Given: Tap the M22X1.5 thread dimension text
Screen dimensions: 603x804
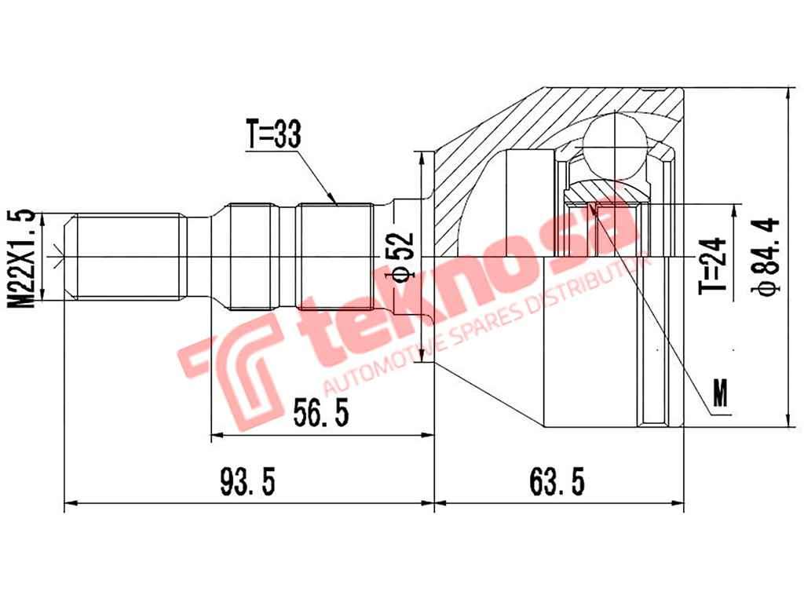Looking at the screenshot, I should click(24, 256).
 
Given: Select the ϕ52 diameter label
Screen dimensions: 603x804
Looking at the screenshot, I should click(401, 256).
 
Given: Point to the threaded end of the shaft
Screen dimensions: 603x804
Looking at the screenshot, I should click(126, 256).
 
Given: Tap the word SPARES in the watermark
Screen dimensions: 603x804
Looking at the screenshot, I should click(480, 323).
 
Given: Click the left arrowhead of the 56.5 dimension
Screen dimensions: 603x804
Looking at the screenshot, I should click(217, 433).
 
